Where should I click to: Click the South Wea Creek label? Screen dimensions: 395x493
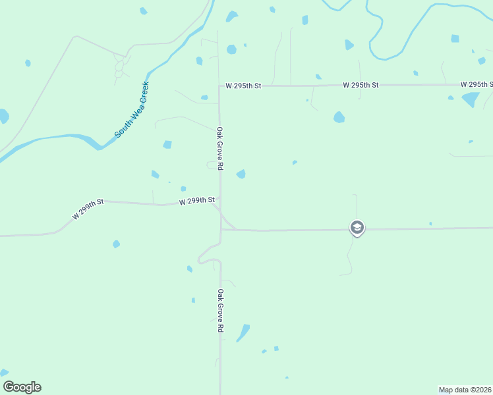pyautogui.click(x=132, y=110)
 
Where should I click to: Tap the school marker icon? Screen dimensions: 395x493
pyautogui.click(x=357, y=228)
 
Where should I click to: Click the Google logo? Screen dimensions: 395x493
pyautogui.click(x=22, y=387)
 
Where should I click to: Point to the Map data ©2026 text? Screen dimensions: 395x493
pyautogui.click(x=465, y=390)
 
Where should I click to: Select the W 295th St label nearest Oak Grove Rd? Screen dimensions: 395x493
pyautogui.click(x=243, y=86)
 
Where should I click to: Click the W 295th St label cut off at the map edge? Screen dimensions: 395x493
pyautogui.click(x=477, y=85)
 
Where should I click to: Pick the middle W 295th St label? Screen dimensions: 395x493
pyautogui.click(x=361, y=86)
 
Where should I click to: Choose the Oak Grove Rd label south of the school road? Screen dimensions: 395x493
pyautogui.click(x=221, y=310)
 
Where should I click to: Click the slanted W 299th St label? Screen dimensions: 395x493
pyautogui.click(x=89, y=210)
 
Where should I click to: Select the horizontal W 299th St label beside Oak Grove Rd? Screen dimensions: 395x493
pyautogui.click(x=197, y=200)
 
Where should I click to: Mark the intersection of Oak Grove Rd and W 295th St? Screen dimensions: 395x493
pyautogui.click(x=219, y=86)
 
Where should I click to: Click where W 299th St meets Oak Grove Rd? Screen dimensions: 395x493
pyautogui.click(x=220, y=205)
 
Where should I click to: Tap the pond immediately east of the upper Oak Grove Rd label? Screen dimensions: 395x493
pyautogui.click(x=241, y=174)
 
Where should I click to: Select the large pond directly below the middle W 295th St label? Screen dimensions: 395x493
pyautogui.click(x=339, y=118)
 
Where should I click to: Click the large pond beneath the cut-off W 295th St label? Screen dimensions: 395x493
pyautogui.click(x=471, y=99)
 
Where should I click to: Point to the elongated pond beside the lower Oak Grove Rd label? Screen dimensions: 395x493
pyautogui.click(x=243, y=332)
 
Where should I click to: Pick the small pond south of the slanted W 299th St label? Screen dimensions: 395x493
pyautogui.click(x=117, y=244)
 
